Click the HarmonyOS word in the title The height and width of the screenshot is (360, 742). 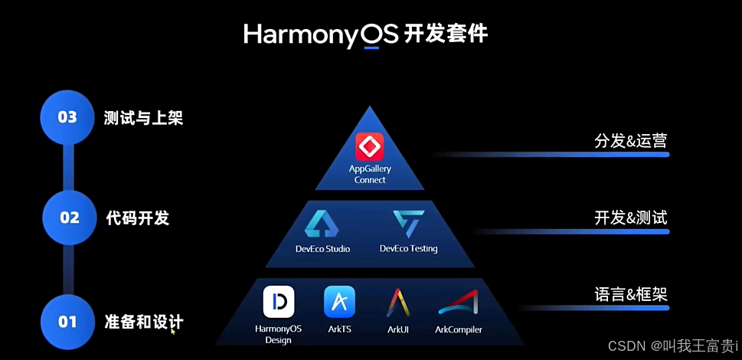point(321,34)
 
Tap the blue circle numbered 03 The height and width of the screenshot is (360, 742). point(67,117)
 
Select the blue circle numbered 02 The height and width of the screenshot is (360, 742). point(70,218)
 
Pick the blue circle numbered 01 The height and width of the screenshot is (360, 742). point(67,322)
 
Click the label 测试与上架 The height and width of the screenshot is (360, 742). point(143,118)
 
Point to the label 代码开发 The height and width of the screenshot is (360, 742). point(137,218)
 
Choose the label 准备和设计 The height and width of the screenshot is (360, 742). point(143,322)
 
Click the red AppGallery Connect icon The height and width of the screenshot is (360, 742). point(370,146)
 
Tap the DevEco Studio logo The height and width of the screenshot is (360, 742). point(322,224)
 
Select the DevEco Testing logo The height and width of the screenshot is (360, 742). point(408,224)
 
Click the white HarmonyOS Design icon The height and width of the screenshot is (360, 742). point(279,302)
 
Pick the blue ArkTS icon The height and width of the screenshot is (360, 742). point(339,302)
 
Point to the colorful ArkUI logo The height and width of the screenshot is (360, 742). point(398,303)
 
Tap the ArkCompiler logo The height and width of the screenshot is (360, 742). point(458,303)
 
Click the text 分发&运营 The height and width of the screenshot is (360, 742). point(630,141)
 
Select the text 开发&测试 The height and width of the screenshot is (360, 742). point(630,218)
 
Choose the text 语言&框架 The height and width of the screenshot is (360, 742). point(630,294)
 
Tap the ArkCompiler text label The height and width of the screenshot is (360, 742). point(458,330)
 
